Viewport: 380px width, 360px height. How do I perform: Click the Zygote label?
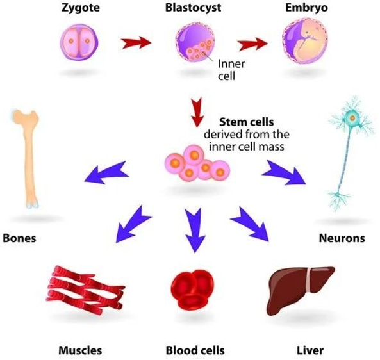81,8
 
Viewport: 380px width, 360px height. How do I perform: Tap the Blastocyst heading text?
193,8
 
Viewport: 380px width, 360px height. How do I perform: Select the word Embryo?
306,8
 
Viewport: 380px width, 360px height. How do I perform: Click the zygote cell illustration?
79,42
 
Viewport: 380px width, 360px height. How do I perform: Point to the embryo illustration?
305,41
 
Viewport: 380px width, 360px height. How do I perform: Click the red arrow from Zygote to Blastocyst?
136,43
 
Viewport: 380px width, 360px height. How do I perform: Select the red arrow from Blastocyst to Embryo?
252,44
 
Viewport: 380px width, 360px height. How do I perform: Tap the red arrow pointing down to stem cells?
197,112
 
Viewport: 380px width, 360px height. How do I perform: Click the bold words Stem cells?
247,122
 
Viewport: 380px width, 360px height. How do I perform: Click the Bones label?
19,238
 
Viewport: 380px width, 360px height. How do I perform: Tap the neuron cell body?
352,119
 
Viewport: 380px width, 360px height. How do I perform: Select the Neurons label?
342,238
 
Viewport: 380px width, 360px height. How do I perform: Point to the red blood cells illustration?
193,290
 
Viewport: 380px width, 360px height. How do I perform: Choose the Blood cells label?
195,350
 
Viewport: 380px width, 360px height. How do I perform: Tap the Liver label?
310,350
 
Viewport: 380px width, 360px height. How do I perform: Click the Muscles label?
80,350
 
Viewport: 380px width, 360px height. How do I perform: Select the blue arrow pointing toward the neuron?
284,172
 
